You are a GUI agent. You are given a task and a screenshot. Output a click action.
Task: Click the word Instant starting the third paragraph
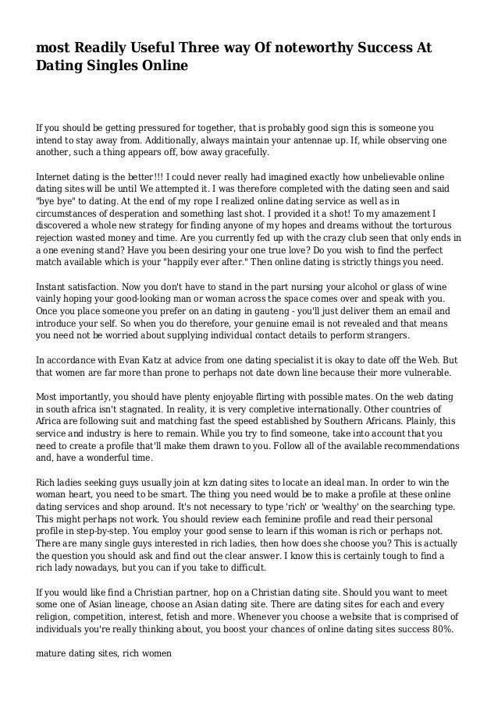tap(55, 287)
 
